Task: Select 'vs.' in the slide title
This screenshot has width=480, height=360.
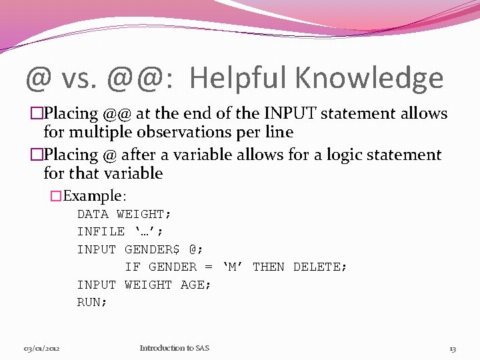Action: pyautogui.click(x=81, y=78)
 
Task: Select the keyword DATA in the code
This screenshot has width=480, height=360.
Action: pyautogui.click(x=93, y=214)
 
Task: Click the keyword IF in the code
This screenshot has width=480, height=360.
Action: pyautogui.click(x=133, y=267)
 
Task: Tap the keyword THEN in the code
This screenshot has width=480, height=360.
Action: pyautogui.click(x=269, y=267)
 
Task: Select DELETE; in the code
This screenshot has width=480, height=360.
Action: pyautogui.click(x=320, y=267)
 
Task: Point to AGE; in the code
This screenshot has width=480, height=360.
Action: pyautogui.click(x=196, y=285)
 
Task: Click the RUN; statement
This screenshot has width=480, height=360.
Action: pyautogui.click(x=92, y=302)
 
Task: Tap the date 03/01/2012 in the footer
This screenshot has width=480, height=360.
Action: pyautogui.click(x=42, y=348)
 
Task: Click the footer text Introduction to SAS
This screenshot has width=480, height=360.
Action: pyautogui.click(x=174, y=348)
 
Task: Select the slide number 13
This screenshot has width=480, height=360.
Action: pyautogui.click(x=452, y=348)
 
